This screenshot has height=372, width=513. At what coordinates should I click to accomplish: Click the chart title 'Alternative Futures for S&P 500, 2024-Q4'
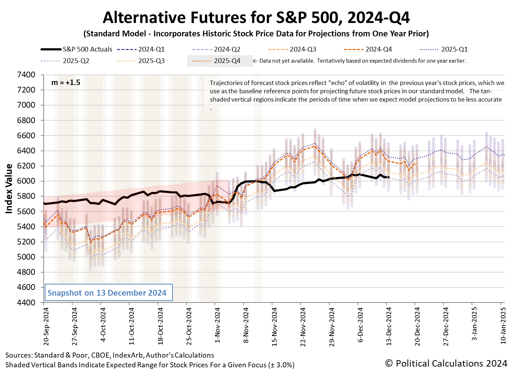(x=256, y=17)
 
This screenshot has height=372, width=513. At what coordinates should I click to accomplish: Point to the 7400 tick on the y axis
(x=26, y=75)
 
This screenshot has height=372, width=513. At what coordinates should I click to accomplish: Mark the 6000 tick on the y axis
(x=26, y=181)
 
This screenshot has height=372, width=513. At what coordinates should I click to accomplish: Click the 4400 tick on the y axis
(x=26, y=302)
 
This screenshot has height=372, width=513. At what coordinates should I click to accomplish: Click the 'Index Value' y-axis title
(x=9, y=189)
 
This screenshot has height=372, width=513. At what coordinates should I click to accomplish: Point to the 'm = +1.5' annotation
(x=66, y=82)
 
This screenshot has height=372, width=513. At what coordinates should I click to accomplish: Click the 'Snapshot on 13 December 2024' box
(x=107, y=293)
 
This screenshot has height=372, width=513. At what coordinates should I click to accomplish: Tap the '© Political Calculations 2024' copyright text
(x=446, y=363)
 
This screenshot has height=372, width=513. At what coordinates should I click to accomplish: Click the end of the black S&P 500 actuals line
(x=388, y=177)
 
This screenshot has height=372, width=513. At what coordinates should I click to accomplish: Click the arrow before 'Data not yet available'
(x=255, y=61)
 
